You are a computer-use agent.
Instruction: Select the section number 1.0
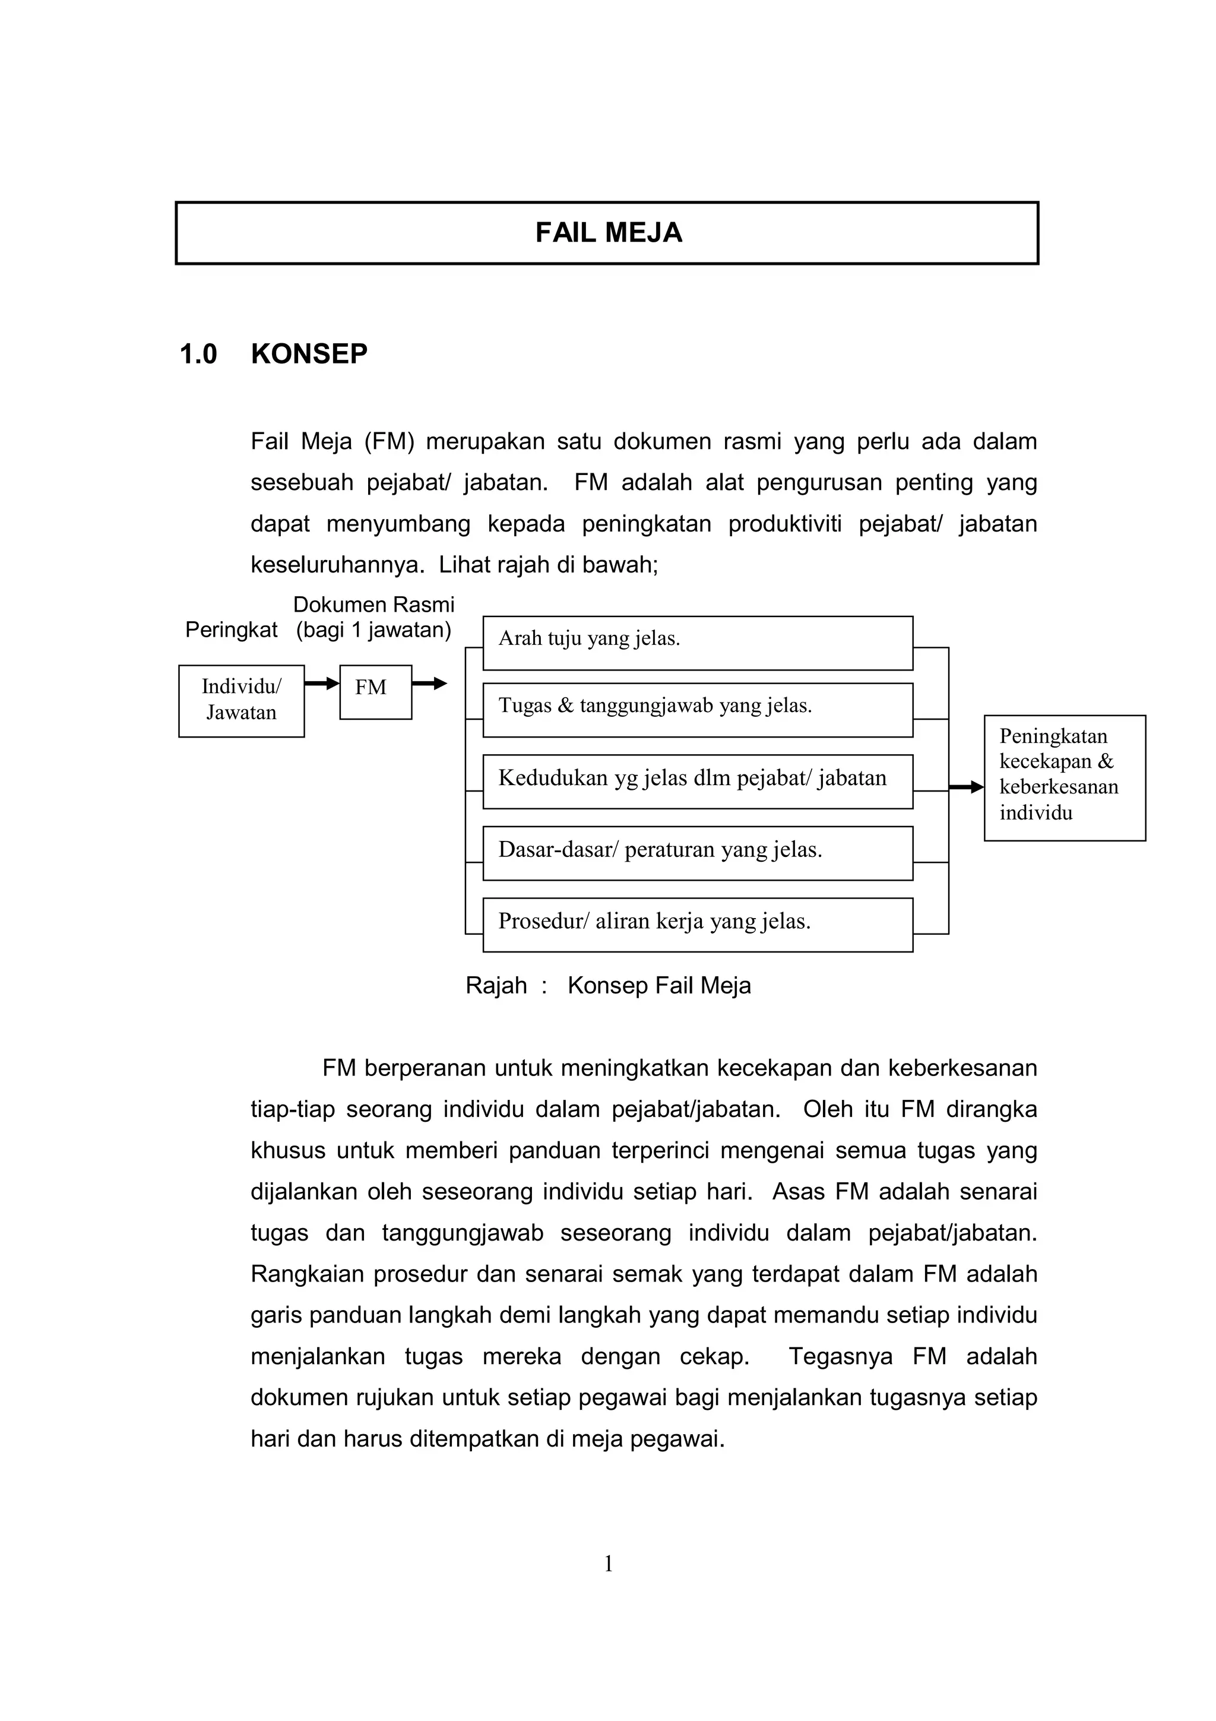198,355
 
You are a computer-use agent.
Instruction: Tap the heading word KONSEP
309,355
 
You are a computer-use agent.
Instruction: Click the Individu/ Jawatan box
241,700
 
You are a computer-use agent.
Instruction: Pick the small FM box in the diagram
375,691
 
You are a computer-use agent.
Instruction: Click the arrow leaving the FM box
429,683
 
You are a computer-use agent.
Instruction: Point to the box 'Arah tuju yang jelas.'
697,643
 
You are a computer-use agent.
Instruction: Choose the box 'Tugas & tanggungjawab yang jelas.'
697,709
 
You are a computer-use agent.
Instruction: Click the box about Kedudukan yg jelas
697,781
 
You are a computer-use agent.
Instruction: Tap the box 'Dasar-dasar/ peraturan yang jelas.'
697,852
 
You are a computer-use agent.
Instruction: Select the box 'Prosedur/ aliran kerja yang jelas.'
697,924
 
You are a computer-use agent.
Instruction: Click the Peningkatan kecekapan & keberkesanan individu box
1064,777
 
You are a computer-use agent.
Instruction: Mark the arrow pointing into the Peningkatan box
967,786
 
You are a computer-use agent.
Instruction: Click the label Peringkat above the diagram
231,629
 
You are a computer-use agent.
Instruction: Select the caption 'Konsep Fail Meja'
658,985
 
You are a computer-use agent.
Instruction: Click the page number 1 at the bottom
609,1564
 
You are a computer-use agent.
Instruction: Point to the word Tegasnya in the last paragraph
840,1357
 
